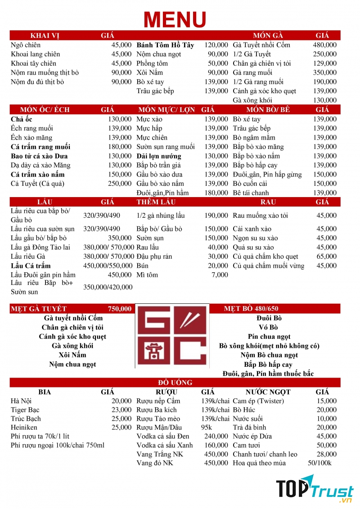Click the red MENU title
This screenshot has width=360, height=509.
coord(175,19)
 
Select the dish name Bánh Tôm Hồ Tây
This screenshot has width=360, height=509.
coord(165,45)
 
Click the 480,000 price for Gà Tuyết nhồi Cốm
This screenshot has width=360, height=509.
coord(324,45)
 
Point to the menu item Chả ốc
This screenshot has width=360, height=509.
coord(21,119)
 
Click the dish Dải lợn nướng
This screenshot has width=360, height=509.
coord(159,156)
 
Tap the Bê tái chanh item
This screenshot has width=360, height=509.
coord(251,193)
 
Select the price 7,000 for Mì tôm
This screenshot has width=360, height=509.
coord(220,275)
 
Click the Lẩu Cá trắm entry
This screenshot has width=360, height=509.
coord(31,266)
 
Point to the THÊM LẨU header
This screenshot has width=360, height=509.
coord(155,202)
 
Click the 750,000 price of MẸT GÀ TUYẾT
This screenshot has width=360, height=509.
coord(120,309)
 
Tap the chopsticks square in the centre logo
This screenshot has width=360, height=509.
coord(191,320)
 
